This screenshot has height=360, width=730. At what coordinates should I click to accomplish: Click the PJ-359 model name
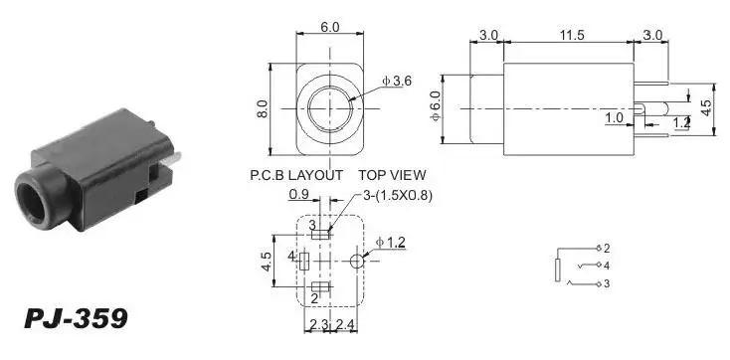tap(76, 319)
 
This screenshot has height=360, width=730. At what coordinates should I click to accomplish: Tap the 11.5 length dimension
tap(572, 36)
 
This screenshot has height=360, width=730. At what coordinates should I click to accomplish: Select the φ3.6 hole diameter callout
tap(397, 81)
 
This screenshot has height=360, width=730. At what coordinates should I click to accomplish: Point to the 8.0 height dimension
tap(263, 109)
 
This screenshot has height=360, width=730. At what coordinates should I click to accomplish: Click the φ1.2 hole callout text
tap(391, 243)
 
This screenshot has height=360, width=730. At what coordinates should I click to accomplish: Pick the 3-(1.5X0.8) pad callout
tap(398, 197)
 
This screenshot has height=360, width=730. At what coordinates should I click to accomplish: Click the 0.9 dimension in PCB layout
tap(298, 195)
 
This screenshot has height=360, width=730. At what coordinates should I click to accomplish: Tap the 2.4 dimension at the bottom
tap(345, 324)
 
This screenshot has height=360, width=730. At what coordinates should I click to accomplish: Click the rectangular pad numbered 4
tap(304, 262)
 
